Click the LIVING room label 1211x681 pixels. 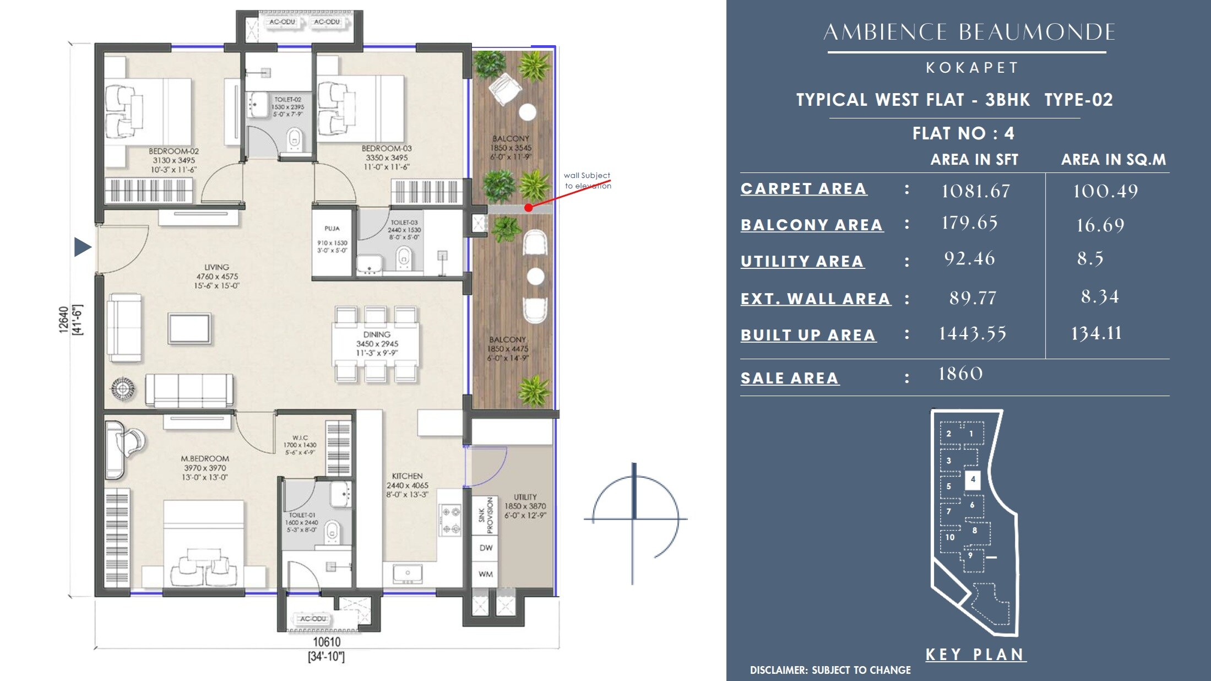216,267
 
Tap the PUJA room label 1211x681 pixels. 332,228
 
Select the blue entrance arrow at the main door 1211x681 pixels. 83,247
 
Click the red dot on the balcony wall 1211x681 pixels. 528,208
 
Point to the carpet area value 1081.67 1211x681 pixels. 975,191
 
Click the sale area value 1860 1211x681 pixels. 960,374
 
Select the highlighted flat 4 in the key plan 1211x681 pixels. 973,479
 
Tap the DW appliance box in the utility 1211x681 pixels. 486,548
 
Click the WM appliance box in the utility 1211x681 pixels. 486,574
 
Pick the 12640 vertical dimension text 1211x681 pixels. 64,320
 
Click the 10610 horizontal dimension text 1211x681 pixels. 327,642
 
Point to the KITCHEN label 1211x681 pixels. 407,476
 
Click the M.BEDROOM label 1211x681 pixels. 205,458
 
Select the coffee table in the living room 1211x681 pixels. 189,329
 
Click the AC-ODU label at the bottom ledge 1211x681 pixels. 313,619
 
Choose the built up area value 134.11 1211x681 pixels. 1096,333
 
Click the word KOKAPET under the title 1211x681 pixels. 972,68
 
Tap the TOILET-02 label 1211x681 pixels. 287,100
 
